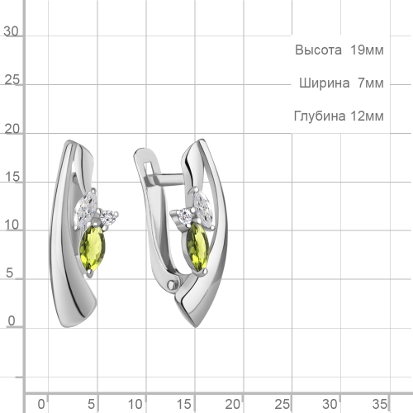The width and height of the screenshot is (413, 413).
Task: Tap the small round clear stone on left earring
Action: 109,217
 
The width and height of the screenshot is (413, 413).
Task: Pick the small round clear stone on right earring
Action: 186,216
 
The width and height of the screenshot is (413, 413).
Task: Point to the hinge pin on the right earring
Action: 173,285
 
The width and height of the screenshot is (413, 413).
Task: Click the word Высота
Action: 319,50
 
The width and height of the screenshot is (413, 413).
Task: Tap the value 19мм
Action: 366,50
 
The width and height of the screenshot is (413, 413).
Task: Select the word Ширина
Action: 324,83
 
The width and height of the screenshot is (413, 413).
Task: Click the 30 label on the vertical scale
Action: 12,31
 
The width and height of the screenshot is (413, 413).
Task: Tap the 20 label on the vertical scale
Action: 12,130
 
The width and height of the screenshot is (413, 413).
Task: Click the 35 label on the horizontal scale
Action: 380,403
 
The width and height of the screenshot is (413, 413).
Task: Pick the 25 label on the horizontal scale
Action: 284,403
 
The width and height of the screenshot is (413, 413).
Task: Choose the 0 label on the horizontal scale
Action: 42,403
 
